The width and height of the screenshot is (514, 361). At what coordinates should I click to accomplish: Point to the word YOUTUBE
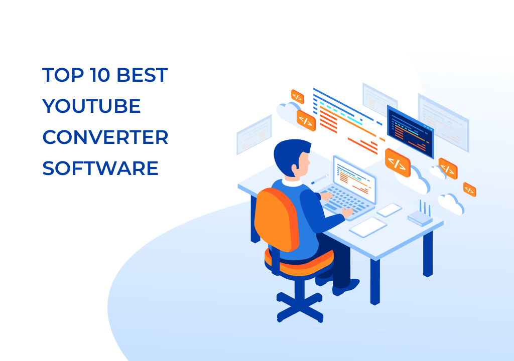(91, 107)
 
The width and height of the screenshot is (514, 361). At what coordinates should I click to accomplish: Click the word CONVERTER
(105, 137)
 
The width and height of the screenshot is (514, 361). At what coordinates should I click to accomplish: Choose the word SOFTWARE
(100, 168)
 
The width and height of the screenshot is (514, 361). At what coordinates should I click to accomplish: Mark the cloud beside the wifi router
(450, 203)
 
